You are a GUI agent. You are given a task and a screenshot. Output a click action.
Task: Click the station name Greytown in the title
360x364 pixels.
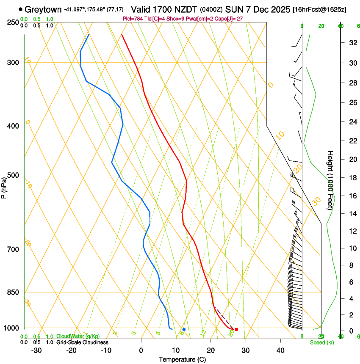click(43, 9)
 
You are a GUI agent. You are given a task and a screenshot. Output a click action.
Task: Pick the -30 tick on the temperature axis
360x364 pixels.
click(36, 350)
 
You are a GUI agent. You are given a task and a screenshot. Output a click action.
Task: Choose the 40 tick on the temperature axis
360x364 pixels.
click(280, 350)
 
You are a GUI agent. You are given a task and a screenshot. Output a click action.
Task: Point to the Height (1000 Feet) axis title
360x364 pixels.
click(331, 180)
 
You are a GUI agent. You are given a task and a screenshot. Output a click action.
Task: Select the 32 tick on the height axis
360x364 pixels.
click(352, 43)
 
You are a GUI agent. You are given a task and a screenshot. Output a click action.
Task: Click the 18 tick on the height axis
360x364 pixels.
click(352, 178)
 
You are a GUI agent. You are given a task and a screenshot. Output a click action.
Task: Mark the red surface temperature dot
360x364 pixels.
click(236, 329)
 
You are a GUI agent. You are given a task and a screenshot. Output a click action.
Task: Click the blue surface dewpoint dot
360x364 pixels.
click(184, 329)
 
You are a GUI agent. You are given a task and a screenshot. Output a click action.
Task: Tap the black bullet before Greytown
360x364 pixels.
click(21, 9)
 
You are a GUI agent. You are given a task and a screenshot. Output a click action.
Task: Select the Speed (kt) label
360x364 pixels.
click(321, 342)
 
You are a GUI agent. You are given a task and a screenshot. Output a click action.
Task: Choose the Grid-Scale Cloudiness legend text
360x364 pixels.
click(82, 342)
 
